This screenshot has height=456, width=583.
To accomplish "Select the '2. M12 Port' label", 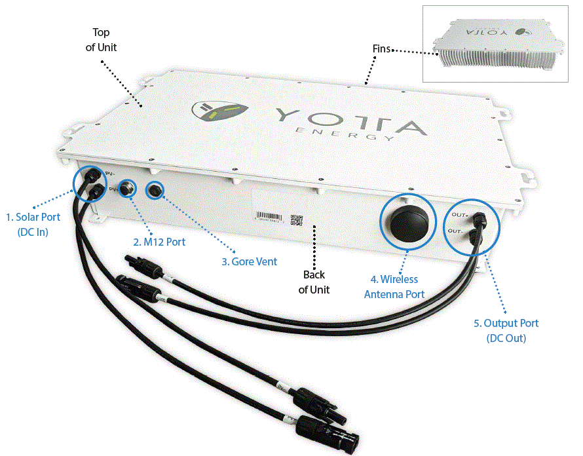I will coord(159,242).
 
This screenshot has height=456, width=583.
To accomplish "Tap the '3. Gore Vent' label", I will coord(249,261).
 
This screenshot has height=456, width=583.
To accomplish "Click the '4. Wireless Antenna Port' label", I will coord(394,287).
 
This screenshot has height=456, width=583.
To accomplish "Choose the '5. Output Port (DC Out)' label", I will coord(506,330).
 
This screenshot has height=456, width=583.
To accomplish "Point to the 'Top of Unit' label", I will coord(101,40).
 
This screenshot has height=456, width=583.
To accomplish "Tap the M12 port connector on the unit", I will coord(128,190).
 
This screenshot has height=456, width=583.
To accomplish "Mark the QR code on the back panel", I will coord(297,220).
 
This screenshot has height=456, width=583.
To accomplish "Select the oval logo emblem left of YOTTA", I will coord(223,111).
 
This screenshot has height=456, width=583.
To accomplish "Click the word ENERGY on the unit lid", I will coord(345,134).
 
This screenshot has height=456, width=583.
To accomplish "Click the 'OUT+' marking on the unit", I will coord(458,214).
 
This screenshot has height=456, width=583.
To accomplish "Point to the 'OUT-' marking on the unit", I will coord(457,231).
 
